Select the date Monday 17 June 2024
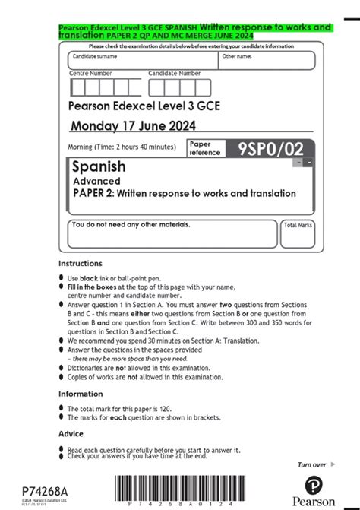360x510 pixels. point(133,125)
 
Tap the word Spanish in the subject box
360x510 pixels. point(99,166)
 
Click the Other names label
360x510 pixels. point(237,56)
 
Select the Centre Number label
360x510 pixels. point(90,74)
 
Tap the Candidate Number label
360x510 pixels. point(175,74)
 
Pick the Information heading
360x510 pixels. point(82,394)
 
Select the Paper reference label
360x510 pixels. point(205,148)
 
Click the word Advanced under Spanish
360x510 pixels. point(96,181)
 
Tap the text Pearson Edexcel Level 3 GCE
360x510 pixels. point(144,106)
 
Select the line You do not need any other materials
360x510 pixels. point(131,225)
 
